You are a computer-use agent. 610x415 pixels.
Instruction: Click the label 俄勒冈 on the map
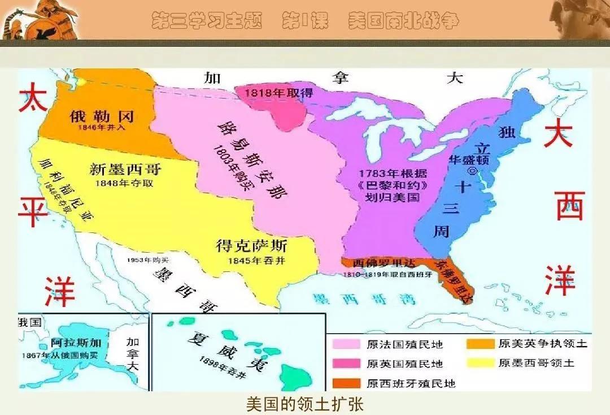(x=101, y=116)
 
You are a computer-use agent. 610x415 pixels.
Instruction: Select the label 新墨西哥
(x=125, y=169)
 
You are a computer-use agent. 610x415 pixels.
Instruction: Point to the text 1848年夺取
(x=124, y=183)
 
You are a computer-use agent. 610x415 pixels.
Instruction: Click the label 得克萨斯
(x=251, y=247)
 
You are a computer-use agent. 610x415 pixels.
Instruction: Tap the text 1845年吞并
(x=252, y=261)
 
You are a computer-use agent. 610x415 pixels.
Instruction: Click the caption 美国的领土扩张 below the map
(x=304, y=404)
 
